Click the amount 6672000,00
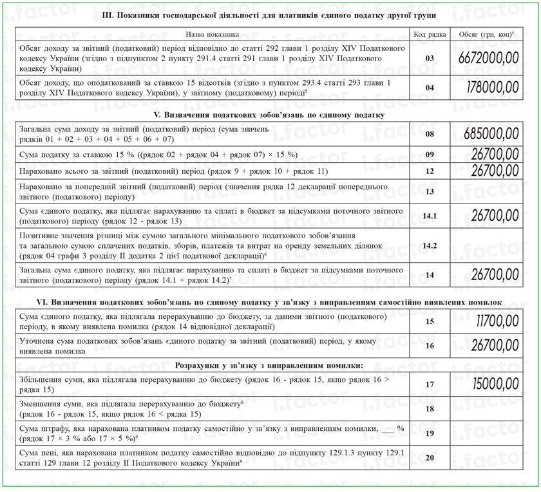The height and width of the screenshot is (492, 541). pyautogui.click(x=489, y=58)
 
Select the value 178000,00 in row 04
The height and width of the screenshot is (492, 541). pyautogui.click(x=489, y=88)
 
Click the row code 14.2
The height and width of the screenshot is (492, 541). pyautogui.click(x=430, y=246)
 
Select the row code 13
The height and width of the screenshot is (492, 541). pyautogui.click(x=430, y=191)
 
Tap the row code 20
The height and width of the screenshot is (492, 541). pyautogui.click(x=430, y=458)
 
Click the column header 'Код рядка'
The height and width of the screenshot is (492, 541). pyautogui.click(x=430, y=34)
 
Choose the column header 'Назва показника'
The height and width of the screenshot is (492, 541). pyautogui.click(x=212, y=34)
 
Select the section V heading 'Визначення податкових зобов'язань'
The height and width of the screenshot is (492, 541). pyautogui.click(x=271, y=115)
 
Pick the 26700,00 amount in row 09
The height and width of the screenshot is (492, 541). pyautogui.click(x=495, y=155)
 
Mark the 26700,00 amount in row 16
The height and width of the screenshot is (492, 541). pyautogui.click(x=495, y=346)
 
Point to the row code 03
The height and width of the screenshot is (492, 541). pyautogui.click(x=430, y=58)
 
